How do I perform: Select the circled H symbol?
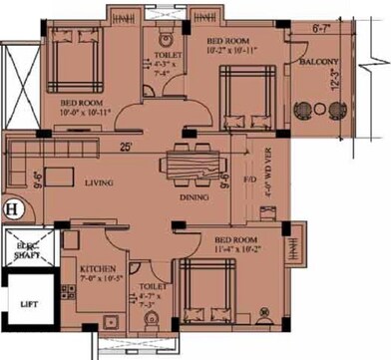point(13,209)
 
